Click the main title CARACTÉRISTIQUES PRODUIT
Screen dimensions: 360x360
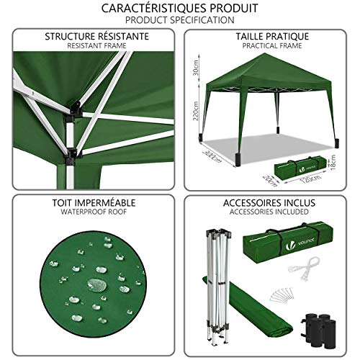pos(179,8)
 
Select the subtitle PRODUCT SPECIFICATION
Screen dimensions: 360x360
pos(179,20)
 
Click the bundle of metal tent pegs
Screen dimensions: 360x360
pos(287,295)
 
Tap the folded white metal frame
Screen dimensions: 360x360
pos(220,281)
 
